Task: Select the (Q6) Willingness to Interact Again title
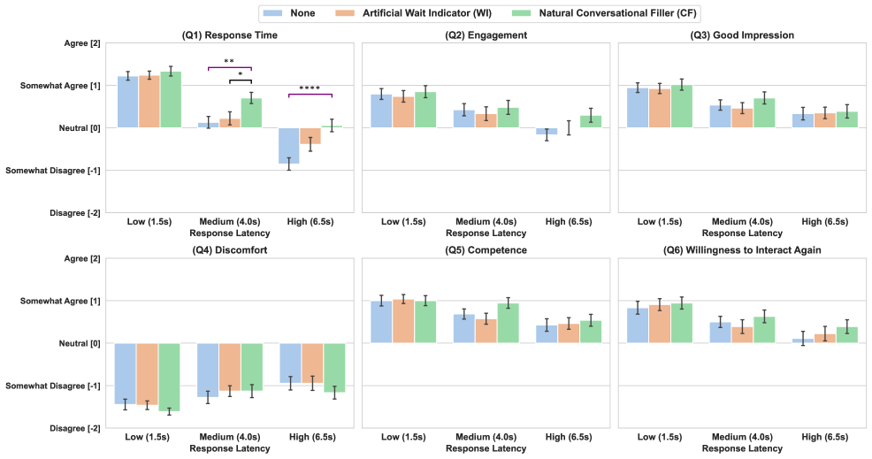click(742, 250)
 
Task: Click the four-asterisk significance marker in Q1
click(310, 88)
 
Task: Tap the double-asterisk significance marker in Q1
click(229, 62)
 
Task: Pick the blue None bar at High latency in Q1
click(289, 146)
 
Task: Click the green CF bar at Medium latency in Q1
click(252, 113)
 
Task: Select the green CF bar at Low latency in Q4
click(169, 377)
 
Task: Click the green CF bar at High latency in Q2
click(591, 122)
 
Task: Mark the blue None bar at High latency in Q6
click(802, 340)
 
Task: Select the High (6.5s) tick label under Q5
click(569, 438)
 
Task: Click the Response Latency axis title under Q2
click(486, 233)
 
